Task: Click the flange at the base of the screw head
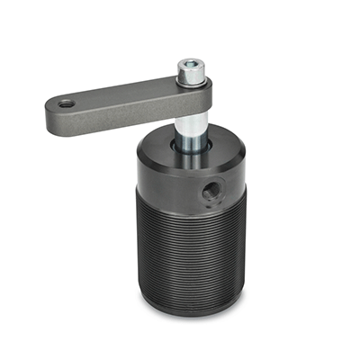click(x=192, y=82)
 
